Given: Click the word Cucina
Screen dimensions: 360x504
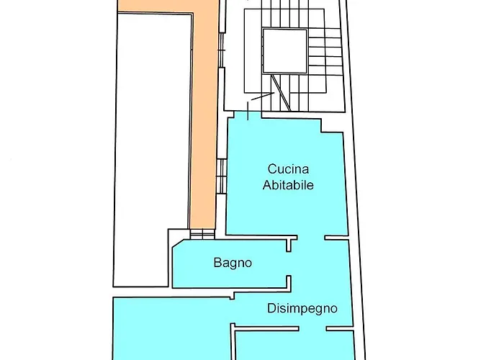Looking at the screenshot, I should point(288,170).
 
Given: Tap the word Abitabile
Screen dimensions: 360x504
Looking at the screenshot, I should point(288,185).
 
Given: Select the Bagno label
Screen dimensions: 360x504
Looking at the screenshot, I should point(233,263).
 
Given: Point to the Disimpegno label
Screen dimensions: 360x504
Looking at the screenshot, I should point(302,309).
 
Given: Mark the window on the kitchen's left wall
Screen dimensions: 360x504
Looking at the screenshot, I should point(222,176).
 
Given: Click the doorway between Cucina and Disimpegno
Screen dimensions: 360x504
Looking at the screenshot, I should point(310,238).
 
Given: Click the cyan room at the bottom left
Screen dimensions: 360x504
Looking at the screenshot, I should point(169,328).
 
